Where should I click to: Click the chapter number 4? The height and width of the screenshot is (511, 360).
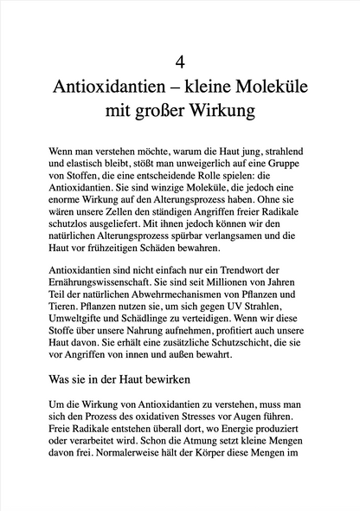pos(180,61)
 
